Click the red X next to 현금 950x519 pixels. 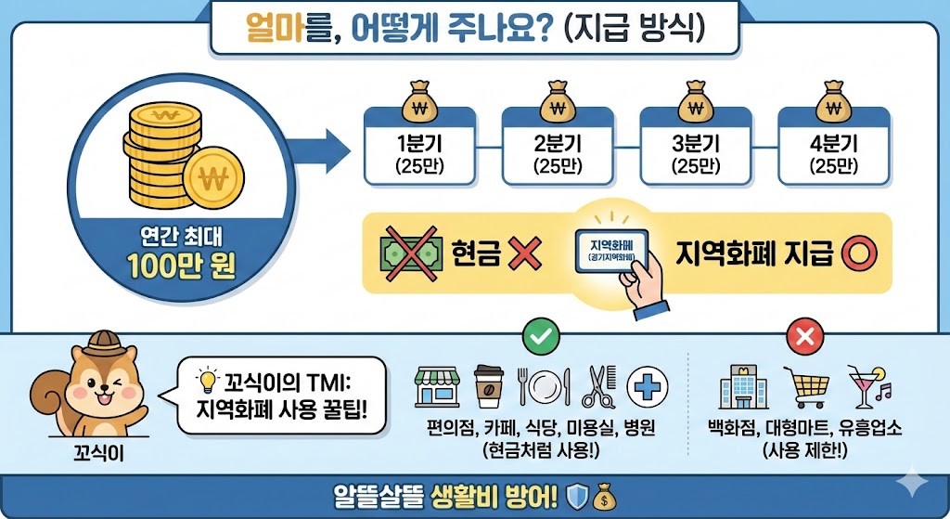click(526, 253)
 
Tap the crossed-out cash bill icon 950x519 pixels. click(409, 253)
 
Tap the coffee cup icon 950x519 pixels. click(489, 386)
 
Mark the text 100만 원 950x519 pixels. click(184, 266)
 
